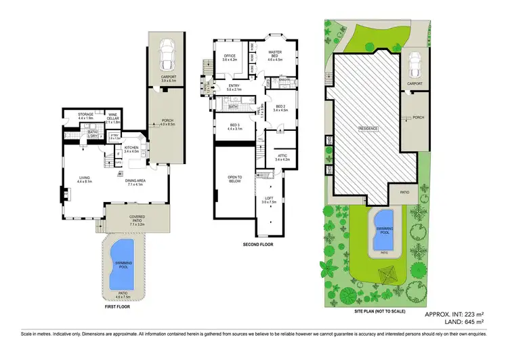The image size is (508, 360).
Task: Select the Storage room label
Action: click(x=85, y=116)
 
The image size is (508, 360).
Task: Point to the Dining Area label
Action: click(x=135, y=180)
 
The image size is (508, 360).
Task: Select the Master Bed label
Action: click(x=274, y=55)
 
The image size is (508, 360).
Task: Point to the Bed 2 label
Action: click(x=281, y=107)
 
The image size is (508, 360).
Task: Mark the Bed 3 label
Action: click(x=235, y=126)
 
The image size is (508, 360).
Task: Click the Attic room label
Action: click(x=282, y=157)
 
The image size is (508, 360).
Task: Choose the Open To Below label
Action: click(x=235, y=179)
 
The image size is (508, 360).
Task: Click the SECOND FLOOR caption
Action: click(x=258, y=243)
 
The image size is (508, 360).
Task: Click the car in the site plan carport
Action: click(x=413, y=66)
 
